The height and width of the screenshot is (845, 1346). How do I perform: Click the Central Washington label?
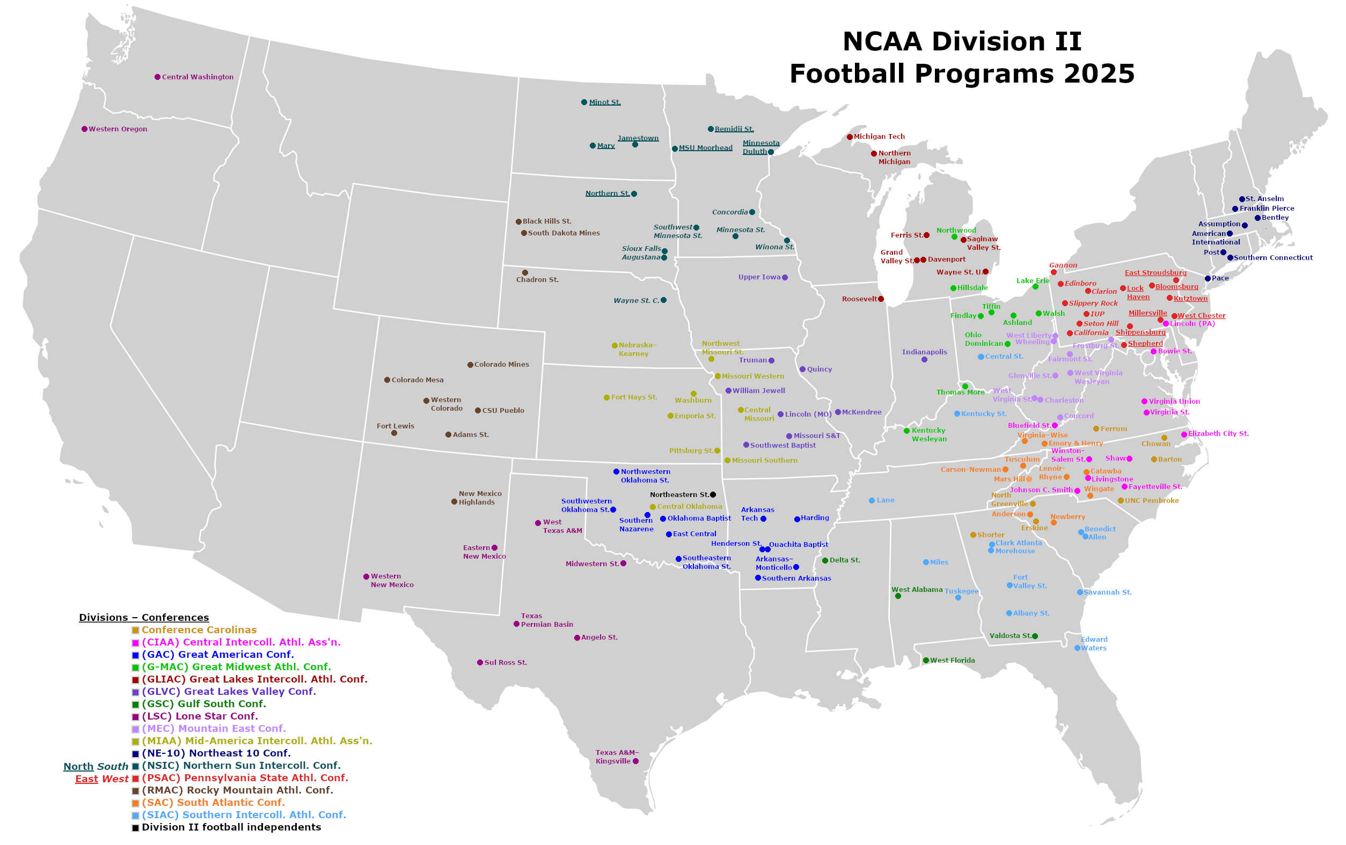pyautogui.click(x=197, y=77)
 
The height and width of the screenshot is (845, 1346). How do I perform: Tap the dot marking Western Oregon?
pyautogui.click(x=84, y=129)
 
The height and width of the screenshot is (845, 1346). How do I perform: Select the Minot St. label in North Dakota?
pyautogui.click(x=605, y=102)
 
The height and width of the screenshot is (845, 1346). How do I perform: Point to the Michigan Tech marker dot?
pyautogui.click(x=850, y=137)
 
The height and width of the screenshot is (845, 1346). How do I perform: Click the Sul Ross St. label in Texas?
pyautogui.click(x=506, y=662)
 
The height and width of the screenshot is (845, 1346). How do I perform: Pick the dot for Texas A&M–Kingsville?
pyautogui.click(x=635, y=761)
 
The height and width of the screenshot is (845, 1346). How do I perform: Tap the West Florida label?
pyautogui.click(x=953, y=660)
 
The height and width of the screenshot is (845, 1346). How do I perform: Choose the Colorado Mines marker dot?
pyautogui.click(x=470, y=365)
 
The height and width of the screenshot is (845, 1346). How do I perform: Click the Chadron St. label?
pyautogui.click(x=537, y=280)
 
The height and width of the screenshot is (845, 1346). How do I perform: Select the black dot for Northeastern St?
pyautogui.click(x=713, y=495)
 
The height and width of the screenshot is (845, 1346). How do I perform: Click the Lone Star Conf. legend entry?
pyautogui.click(x=200, y=716)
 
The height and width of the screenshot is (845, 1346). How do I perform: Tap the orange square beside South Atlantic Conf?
pyautogui.click(x=135, y=803)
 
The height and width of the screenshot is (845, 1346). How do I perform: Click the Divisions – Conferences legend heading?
pyautogui.click(x=144, y=617)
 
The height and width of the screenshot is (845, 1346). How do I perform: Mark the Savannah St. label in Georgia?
pyautogui.click(x=1107, y=592)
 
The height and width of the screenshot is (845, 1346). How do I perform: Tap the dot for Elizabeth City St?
pyautogui.click(x=1184, y=434)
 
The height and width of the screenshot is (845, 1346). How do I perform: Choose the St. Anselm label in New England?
pyautogui.click(x=1264, y=199)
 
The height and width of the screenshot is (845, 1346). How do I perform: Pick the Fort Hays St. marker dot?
pyautogui.click(x=606, y=398)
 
